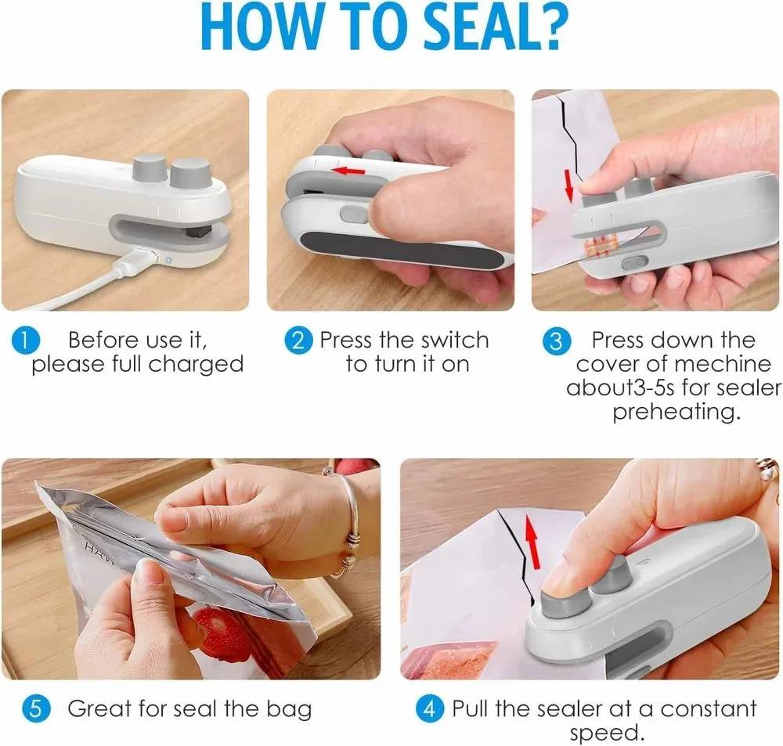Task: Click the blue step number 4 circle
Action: click(x=429, y=710)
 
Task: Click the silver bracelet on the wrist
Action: click(x=349, y=524)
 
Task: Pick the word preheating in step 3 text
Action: click(x=676, y=412)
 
